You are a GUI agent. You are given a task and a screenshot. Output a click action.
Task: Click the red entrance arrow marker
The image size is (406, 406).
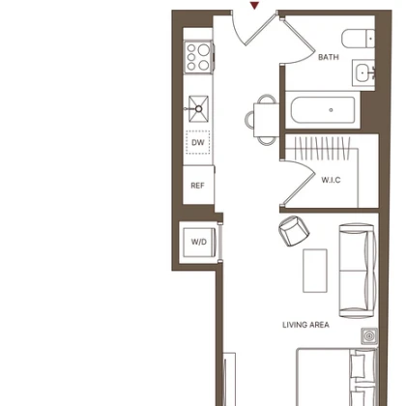(x=255, y=6)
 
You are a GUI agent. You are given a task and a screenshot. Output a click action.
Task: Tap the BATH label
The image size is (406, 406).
(x=329, y=57)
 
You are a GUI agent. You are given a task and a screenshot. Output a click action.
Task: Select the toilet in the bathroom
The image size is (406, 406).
(x=358, y=39)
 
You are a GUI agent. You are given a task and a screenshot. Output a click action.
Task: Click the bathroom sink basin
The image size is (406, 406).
(x=364, y=72)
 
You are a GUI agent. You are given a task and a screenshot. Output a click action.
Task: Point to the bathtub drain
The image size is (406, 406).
(x=331, y=110)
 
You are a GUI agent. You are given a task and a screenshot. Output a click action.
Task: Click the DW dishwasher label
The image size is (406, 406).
(x=198, y=142)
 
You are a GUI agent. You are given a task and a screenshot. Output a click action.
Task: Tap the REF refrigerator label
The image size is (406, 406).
(x=197, y=186)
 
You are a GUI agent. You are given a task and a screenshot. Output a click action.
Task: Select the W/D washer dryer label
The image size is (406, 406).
(x=199, y=242)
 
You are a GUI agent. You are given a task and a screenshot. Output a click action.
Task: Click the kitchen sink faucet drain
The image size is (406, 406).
(x=199, y=109)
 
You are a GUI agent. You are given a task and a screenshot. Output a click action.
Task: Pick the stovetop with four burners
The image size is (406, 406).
(x=198, y=57)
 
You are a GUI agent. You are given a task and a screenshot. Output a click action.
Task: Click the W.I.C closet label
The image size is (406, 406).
(x=331, y=180)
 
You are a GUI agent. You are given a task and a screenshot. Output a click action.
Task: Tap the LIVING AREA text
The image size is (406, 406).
(x=305, y=325)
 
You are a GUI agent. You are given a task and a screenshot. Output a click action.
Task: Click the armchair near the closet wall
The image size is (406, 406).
(x=294, y=231)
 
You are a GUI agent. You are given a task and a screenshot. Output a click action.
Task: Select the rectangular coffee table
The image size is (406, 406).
(x=315, y=271)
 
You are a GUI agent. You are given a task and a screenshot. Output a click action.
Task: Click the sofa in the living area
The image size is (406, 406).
(x=358, y=271)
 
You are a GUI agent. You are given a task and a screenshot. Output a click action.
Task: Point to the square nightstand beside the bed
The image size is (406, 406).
(x=369, y=336)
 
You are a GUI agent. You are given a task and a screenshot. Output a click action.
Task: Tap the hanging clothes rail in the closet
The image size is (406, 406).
(x=322, y=148)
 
